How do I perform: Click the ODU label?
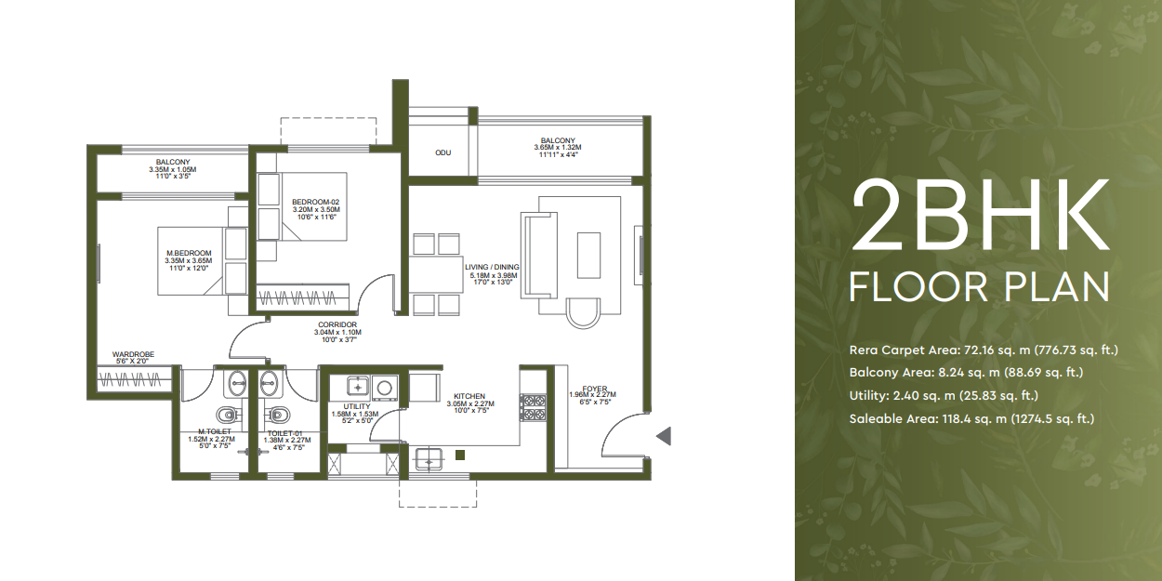tap(442, 152)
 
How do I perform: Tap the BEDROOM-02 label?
tap(316, 202)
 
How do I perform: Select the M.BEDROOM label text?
tap(189, 253)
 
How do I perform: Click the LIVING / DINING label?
tap(492, 268)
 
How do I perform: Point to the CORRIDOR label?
tap(337, 324)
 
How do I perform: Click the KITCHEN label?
tap(469, 396)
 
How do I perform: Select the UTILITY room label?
tap(356, 406)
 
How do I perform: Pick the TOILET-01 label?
tap(284, 433)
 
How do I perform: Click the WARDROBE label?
tap(133, 354)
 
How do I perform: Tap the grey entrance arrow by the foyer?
tap(663, 436)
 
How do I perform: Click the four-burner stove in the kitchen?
tap(535, 408)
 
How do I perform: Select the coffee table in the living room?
tap(589, 254)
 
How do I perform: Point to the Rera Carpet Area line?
tap(983, 350)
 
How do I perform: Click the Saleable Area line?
tap(971, 419)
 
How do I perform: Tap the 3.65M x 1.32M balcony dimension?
tap(557, 148)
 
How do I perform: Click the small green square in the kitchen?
tap(460, 455)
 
